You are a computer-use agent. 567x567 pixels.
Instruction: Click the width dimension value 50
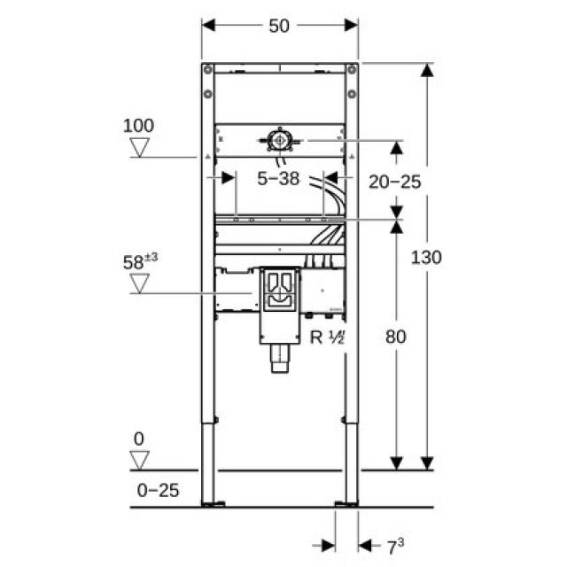pos(279,26)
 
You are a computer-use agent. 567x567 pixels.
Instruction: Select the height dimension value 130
pos(426,257)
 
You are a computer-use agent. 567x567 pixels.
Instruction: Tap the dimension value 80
pos(397,336)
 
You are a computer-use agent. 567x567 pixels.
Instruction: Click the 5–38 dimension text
pos(278,180)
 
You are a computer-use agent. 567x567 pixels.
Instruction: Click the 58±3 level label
pos(140,262)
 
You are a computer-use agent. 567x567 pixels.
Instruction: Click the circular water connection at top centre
pos(280,140)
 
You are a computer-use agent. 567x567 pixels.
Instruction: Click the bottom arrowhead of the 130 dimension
pos(427,462)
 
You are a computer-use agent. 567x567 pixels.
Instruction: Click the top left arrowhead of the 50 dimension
pos(209,26)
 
